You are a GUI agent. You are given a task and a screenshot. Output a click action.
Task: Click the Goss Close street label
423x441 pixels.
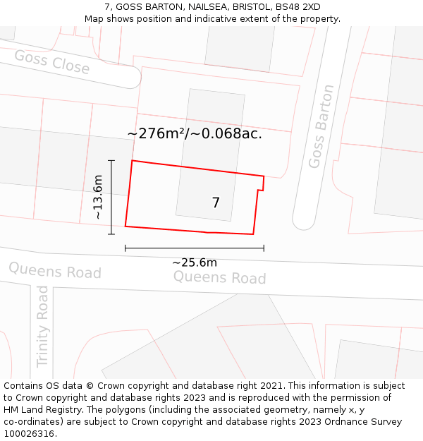51,62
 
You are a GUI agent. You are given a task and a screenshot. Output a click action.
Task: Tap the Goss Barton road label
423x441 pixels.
321,126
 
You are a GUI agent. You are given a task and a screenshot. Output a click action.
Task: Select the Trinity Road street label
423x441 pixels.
43,326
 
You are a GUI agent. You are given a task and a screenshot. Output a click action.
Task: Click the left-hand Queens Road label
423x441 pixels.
54,270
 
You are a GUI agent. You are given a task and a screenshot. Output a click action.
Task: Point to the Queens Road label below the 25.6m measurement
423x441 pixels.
219,277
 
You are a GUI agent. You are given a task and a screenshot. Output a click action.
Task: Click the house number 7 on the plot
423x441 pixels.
216,203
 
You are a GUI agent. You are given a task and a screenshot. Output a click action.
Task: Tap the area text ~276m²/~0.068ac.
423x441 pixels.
195,133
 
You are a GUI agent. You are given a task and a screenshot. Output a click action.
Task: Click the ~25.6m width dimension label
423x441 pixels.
195,262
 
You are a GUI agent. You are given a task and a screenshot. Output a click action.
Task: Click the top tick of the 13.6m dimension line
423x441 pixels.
111,161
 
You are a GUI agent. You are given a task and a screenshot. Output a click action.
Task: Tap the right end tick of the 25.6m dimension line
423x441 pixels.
264,248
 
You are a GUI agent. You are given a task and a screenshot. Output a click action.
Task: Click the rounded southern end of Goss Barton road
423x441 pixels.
304,222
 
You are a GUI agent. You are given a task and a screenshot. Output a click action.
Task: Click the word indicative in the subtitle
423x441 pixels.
214,18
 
